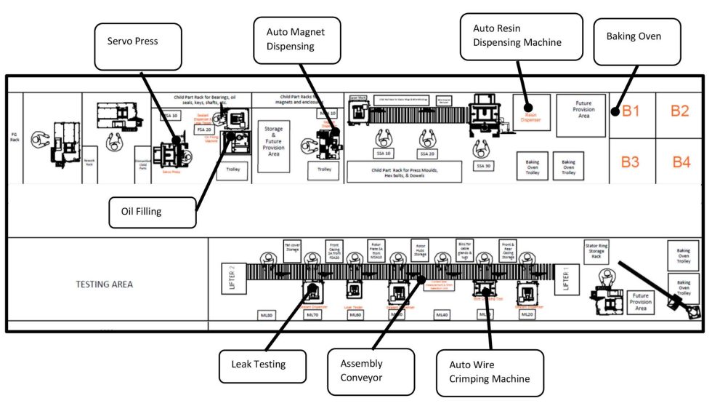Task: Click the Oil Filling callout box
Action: pos(152,212)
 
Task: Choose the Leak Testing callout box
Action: pos(254,365)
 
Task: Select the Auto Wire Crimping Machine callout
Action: pos(490,372)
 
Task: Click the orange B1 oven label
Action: pos(629,111)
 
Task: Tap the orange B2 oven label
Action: pos(679,111)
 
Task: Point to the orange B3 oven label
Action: pos(629,162)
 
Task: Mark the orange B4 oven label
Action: pos(680,162)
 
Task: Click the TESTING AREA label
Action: pos(104,284)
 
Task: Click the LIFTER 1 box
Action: pos(567,279)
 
